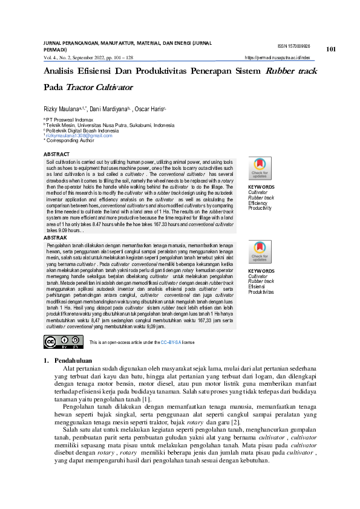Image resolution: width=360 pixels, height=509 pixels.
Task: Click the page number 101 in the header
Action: (330, 49)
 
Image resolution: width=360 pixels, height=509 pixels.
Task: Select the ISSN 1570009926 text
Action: (293, 47)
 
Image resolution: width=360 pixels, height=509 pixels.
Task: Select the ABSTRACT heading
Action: (56, 155)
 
